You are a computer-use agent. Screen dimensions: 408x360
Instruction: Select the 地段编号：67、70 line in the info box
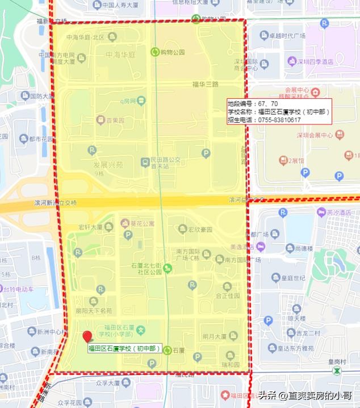pos(253,104)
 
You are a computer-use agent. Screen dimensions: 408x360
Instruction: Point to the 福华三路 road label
pos(205,84)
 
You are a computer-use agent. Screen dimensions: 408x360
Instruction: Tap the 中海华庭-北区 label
pos(86,38)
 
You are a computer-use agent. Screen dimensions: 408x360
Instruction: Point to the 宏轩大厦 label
pos(90,227)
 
